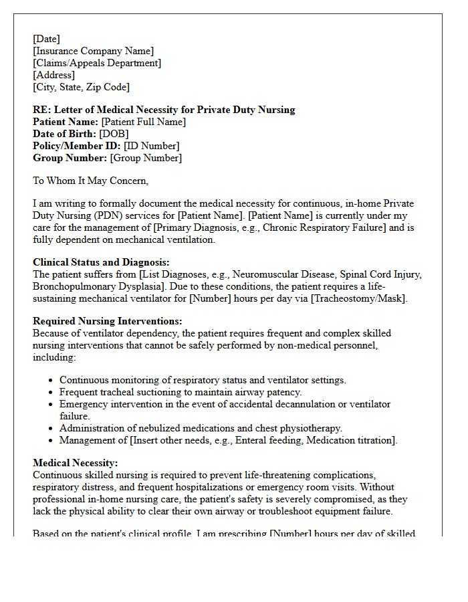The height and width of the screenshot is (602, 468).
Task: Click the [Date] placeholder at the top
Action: tap(46, 39)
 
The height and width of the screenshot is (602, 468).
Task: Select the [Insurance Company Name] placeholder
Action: tap(93, 52)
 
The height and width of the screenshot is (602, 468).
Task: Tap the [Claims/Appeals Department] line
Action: tap(97, 64)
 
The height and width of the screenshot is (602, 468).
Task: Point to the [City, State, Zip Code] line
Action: tap(81, 88)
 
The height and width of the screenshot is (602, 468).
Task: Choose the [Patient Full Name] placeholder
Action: tap(143, 122)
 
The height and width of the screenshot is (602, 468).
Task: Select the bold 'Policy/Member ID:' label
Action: tap(77, 146)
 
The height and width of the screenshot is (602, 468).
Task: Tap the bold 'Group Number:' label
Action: tap(70, 158)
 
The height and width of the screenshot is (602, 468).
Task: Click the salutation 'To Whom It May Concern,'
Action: tap(90, 181)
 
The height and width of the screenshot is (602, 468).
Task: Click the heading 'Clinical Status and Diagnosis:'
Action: tap(101, 262)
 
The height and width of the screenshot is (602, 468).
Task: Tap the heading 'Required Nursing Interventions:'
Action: tap(107, 321)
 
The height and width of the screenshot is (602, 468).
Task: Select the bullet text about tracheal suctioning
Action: tap(181, 392)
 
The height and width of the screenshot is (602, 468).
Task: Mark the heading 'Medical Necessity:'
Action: tap(75, 463)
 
